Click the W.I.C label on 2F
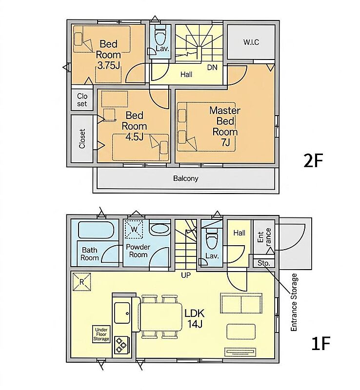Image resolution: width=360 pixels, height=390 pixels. pyautogui.click(x=251, y=42)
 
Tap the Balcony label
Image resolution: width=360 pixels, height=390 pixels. pyautogui.click(x=186, y=178)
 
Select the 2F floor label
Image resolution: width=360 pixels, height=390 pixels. pyautogui.click(x=313, y=161)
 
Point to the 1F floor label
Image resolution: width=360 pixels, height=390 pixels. pyautogui.click(x=320, y=343)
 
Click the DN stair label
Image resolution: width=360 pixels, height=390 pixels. pyautogui.click(x=212, y=67)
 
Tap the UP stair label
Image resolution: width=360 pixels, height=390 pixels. pyautogui.click(x=186, y=275)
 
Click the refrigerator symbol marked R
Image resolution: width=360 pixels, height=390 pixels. pyautogui.click(x=81, y=282)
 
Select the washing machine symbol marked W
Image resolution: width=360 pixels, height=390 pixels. pyautogui.click(x=134, y=229)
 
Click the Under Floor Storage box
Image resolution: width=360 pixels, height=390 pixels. pyautogui.click(x=101, y=334)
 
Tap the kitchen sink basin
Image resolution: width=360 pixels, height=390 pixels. pyautogui.click(x=122, y=313)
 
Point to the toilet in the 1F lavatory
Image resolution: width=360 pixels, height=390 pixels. pyautogui.click(x=212, y=239)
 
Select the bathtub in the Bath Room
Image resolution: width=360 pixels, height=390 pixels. pyautogui.click(x=97, y=230)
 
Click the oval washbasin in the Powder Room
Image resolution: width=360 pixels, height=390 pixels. pyautogui.click(x=160, y=228)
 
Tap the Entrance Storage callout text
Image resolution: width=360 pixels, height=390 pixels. pyautogui.click(x=294, y=302)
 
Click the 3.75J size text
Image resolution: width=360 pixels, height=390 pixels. pyautogui.click(x=109, y=65)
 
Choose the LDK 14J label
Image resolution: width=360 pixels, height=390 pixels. pyautogui.click(x=195, y=318)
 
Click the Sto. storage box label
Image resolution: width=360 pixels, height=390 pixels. pyautogui.click(x=263, y=263)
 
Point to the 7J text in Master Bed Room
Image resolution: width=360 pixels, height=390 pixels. pyautogui.click(x=225, y=143)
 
